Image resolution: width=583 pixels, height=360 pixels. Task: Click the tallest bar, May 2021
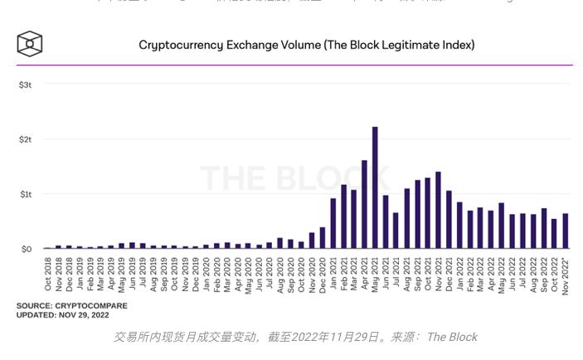[x=375, y=187]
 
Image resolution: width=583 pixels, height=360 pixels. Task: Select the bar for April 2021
[x=364, y=204]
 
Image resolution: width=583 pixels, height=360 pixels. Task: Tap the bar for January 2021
[x=333, y=223]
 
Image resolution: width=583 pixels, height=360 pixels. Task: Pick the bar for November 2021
[x=438, y=210]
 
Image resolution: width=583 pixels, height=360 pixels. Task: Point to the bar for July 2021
[x=396, y=231]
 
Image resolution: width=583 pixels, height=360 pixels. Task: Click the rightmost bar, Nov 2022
[x=566, y=231]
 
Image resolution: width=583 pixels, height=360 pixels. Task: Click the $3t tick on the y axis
[x=25, y=85]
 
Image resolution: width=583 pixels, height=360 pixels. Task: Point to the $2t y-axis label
[x=25, y=139]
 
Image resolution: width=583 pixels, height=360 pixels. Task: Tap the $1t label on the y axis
[x=25, y=194]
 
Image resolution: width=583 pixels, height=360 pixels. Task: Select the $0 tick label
[x=26, y=249]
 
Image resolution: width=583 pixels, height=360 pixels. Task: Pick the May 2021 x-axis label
[x=375, y=275]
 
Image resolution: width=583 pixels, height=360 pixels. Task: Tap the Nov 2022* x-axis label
[x=566, y=275]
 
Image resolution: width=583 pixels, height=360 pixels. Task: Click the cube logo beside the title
[x=29, y=44]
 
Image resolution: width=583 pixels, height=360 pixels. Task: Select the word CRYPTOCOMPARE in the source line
[x=91, y=306]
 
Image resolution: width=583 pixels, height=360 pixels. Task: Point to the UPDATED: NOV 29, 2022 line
[x=64, y=316]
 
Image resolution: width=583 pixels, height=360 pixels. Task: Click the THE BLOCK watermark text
[x=294, y=178]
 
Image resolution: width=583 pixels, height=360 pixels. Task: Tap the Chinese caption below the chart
[x=294, y=337]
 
